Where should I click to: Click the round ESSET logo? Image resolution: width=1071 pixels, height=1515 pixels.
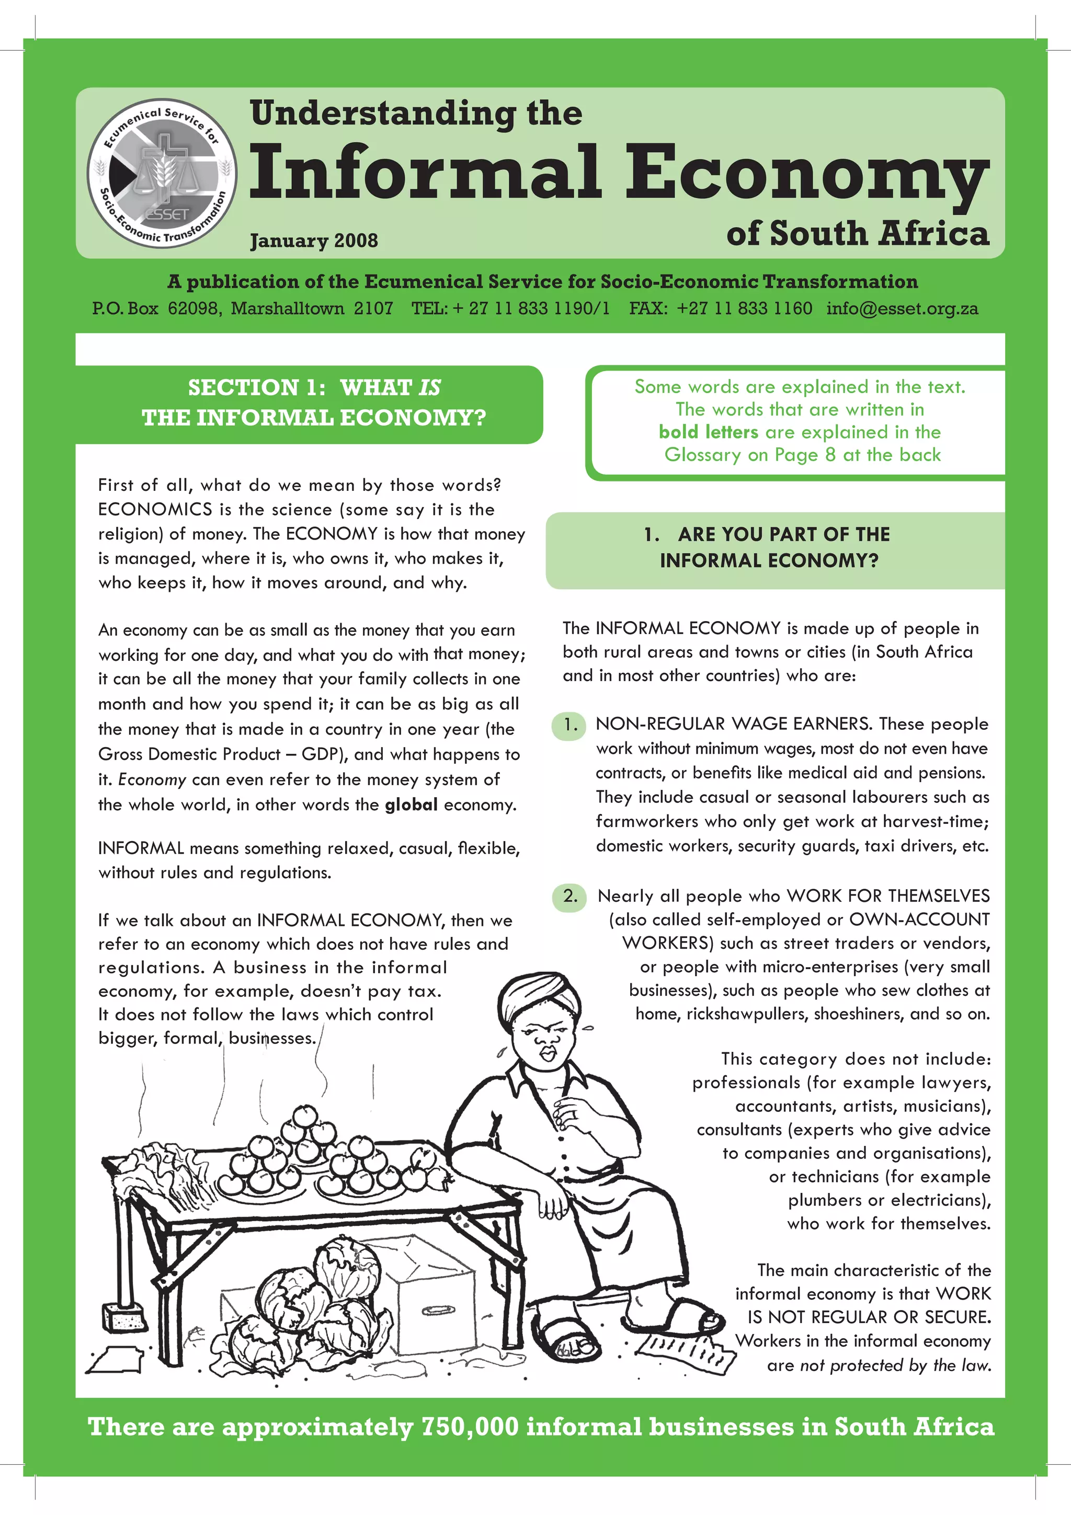point(162,173)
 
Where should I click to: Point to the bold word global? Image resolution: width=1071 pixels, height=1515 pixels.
point(411,805)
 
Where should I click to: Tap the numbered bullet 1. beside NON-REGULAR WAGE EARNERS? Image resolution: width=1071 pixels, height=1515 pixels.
point(569,725)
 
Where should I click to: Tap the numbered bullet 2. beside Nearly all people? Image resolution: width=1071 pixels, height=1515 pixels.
point(569,896)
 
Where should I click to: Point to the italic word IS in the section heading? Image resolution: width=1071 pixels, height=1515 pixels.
point(429,387)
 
